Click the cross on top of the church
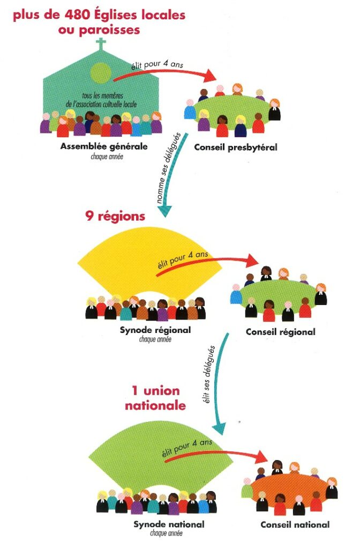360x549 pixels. [101, 44]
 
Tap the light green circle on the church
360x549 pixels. [101, 73]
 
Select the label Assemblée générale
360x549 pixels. [104, 146]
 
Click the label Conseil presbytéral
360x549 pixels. [236, 147]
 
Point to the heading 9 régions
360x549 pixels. [115, 216]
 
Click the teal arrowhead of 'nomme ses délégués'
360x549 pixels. [164, 211]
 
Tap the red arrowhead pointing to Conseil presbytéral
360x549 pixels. [211, 76]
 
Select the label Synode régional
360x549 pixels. [155, 330]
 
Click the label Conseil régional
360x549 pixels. [281, 332]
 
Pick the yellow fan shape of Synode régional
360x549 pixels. [150, 263]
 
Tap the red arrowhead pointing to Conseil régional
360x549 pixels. [252, 261]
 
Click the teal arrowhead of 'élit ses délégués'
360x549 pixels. [219, 428]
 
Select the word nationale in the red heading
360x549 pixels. [155, 405]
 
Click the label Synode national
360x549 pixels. [169, 524]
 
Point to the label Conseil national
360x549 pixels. [295, 524]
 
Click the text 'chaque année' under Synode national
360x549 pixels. [166, 533]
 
